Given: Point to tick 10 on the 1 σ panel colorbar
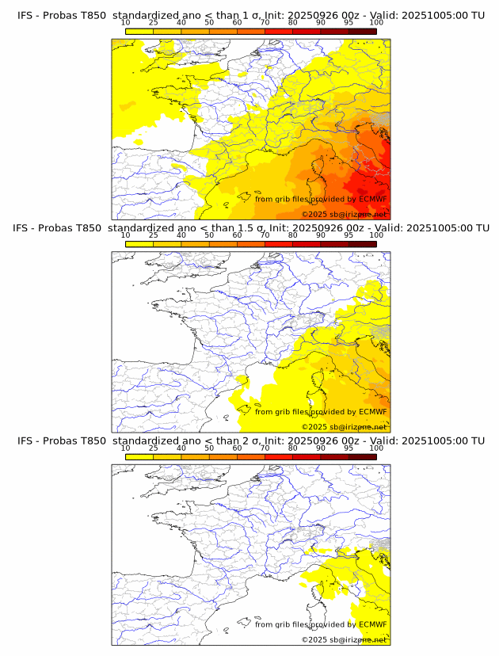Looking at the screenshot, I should (126, 23).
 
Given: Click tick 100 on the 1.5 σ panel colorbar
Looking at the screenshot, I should (376, 235).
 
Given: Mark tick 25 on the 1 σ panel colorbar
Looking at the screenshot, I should (154, 23).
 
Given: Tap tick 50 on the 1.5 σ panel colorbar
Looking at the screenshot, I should (209, 235).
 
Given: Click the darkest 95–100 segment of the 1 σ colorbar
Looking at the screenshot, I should (362, 30).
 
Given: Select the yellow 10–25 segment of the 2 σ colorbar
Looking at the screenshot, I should (139, 456).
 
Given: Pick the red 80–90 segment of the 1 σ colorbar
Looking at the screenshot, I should (307, 30).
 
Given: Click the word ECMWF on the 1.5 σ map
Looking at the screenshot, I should (373, 412).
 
